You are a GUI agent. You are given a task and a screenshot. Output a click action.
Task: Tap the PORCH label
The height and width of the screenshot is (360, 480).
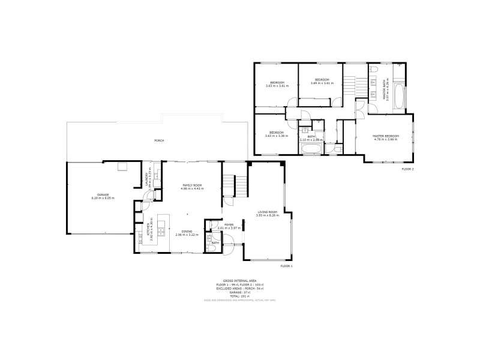159,140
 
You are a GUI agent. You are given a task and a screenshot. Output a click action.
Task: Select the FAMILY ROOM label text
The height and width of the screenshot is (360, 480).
192,185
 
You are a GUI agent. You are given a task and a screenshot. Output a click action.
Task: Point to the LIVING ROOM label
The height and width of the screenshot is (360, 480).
267,212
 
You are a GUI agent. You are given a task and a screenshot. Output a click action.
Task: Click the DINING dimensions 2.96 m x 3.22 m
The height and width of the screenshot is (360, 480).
187,235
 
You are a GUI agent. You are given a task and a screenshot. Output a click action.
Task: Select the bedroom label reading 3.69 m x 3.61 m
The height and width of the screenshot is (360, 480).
322,82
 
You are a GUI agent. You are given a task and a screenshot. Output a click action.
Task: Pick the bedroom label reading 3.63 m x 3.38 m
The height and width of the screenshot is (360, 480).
276,134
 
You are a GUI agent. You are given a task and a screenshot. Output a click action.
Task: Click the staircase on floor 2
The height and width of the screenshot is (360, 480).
353,87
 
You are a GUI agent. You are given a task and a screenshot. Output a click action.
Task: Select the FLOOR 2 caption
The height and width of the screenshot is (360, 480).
408,170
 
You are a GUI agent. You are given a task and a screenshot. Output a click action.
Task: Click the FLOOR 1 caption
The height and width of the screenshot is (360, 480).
286,266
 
